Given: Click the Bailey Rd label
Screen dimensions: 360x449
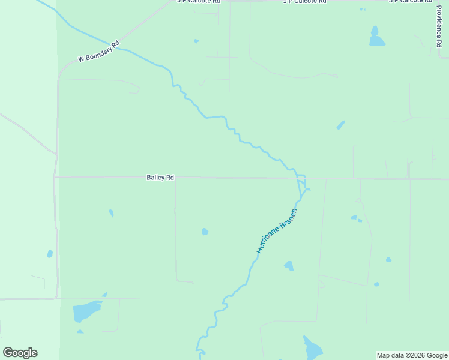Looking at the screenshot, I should point(160,178).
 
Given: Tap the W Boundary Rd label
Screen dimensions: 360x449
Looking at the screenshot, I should point(99,52).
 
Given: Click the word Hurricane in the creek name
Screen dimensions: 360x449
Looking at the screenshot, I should point(268,239).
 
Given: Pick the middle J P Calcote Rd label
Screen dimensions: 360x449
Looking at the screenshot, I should point(304,2).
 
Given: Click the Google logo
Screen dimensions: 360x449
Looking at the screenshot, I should point(20,353).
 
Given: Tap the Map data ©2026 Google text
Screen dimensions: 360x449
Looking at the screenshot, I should point(412,355).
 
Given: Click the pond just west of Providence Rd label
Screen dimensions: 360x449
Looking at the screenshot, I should point(376,38).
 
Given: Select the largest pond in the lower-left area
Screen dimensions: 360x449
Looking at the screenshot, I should point(86,311).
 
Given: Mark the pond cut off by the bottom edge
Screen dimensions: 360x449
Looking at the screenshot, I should point(312,349).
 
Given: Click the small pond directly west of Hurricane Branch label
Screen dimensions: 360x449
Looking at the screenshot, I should point(205,232).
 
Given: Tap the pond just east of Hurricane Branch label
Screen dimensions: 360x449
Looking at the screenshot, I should point(289,265).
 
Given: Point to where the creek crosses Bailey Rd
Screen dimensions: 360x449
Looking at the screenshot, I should point(298,178).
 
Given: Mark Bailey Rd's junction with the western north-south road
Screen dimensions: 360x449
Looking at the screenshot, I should point(55,176).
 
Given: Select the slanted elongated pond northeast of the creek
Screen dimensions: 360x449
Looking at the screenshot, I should point(340,125).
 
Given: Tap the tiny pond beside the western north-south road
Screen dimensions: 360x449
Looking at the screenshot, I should point(50,254).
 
